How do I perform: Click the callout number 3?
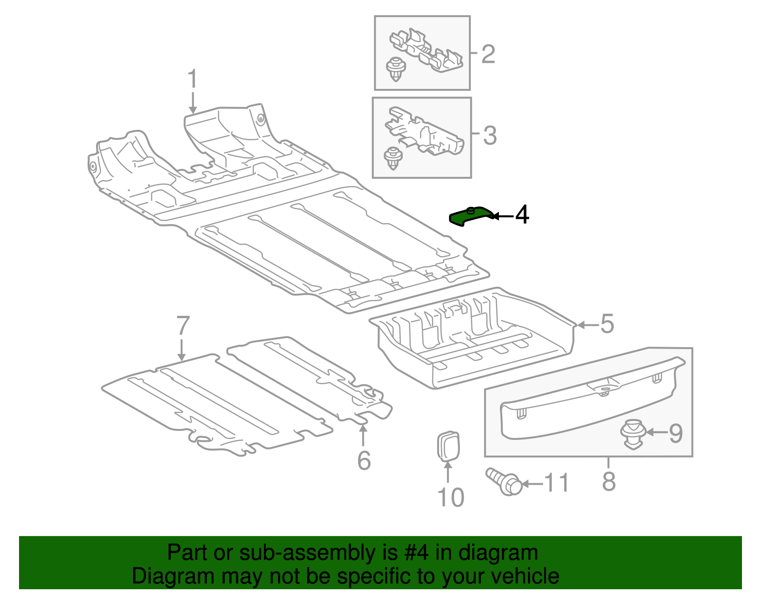(x=489, y=136)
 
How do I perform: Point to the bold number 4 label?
(x=522, y=215)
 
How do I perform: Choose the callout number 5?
(x=607, y=324)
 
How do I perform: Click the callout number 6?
(x=364, y=460)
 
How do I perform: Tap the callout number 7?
(x=183, y=326)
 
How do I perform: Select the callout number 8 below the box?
(x=609, y=481)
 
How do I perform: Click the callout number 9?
(x=676, y=433)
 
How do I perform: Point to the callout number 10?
(x=450, y=497)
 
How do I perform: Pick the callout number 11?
(x=556, y=483)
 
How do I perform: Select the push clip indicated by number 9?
(x=633, y=433)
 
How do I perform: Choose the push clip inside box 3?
(x=393, y=158)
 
